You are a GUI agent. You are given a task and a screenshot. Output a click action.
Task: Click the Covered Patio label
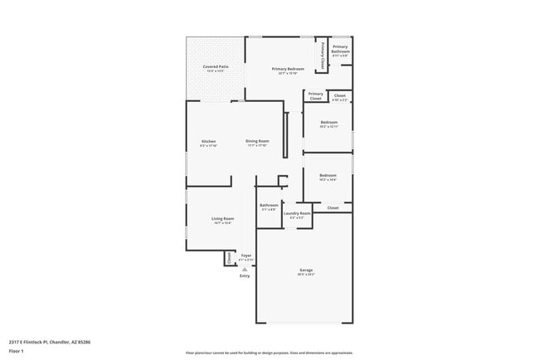pos(216,66)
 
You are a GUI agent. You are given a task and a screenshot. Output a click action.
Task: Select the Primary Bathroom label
pos(341,49)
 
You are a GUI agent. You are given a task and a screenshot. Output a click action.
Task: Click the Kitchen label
pos(209,142)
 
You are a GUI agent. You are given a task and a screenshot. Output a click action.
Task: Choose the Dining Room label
pos(257,142)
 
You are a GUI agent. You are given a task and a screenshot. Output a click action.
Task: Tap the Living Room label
pos(222,219)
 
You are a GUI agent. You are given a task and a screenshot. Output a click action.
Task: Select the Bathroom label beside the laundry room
pos(269,205)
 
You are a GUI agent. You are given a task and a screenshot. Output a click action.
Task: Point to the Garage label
pos(306,270)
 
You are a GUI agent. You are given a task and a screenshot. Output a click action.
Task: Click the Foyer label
pos(246,255)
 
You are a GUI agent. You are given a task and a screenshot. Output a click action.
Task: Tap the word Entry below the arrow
pos(245,275)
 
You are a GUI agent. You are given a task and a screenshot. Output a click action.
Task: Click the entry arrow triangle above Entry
pos(245,269)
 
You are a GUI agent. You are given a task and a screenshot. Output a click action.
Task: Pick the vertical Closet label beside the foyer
pos(230,258)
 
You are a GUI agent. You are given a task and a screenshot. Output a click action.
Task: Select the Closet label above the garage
pos(333,207)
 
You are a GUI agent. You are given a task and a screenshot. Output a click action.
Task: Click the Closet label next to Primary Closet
pos(340,96)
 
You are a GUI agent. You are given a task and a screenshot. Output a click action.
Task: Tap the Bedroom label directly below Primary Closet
pos(329,123)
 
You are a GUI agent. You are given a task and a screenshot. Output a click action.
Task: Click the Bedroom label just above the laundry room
pos(328,175)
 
